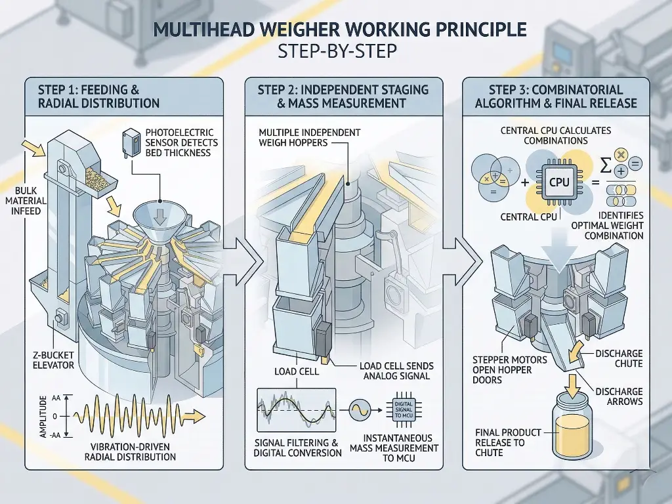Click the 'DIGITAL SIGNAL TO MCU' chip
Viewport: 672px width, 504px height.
pos(404,409)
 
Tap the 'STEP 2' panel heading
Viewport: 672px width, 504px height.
pos(343,96)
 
